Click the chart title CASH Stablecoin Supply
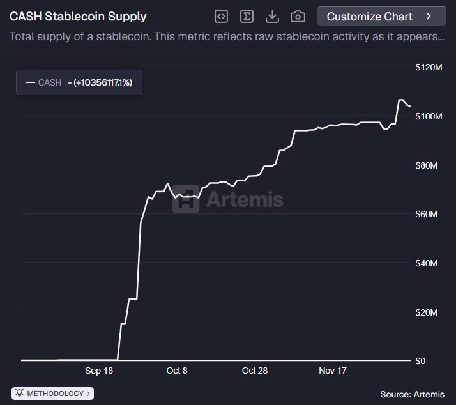click(x=78, y=17)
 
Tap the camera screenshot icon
click(x=298, y=17)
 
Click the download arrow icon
click(x=272, y=17)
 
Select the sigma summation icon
click(x=247, y=17)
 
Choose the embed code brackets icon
click(x=221, y=17)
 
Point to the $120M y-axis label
click(x=429, y=67)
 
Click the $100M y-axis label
click(x=429, y=116)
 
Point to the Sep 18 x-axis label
click(x=99, y=371)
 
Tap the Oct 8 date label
click(x=177, y=371)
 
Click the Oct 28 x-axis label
click(x=254, y=371)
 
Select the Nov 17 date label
click(x=332, y=371)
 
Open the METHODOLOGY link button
click(x=53, y=394)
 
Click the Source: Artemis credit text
click(x=412, y=394)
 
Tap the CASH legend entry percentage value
click(x=103, y=82)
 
